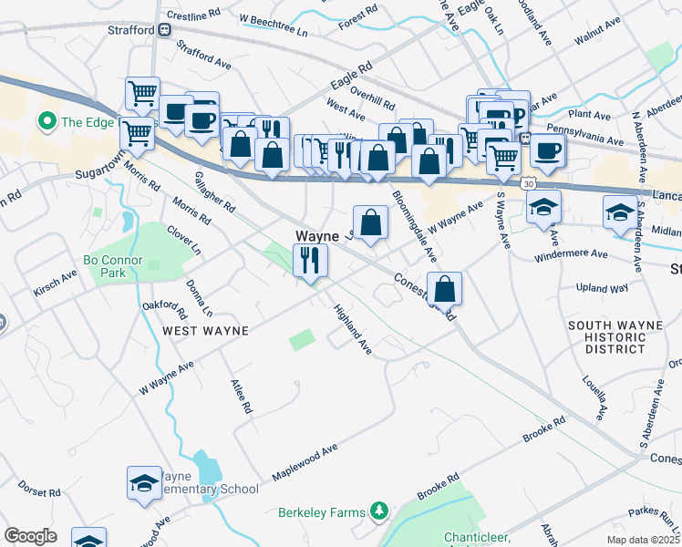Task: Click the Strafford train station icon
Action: coord(165,30)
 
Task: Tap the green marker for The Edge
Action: coord(46,120)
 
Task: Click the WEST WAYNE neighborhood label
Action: coord(205,330)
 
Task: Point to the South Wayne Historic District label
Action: coord(620,337)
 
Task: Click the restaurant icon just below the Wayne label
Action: coord(310,261)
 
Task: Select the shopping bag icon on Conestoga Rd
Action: coord(444,289)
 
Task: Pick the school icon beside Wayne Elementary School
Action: coord(143,483)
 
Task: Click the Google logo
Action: coord(31,536)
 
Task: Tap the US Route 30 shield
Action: coord(529,183)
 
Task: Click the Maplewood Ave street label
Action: coord(305,463)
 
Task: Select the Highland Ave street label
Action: coord(352,329)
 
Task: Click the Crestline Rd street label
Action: coord(194,16)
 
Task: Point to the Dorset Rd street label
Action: coord(39,491)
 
